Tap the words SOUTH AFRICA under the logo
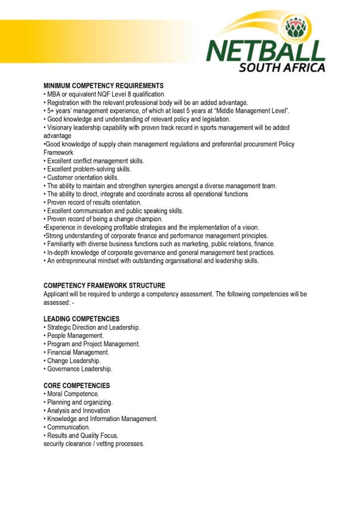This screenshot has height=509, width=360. tap(282, 67)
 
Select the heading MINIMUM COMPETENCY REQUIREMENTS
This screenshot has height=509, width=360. tap(103, 86)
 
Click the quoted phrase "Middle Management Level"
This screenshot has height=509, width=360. tap(254, 111)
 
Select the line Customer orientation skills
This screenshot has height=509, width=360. tap(83, 177)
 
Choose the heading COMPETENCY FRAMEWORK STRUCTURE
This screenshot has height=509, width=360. tap(104, 286)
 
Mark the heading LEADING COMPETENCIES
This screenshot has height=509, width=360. tap(81, 319)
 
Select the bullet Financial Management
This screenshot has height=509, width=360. tap(78, 352)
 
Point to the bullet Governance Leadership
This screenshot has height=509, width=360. tap(80, 369)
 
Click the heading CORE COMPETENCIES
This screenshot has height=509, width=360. tap(77, 386)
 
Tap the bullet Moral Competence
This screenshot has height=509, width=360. tap(73, 394)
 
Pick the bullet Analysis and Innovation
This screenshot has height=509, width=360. tap(79, 411)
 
